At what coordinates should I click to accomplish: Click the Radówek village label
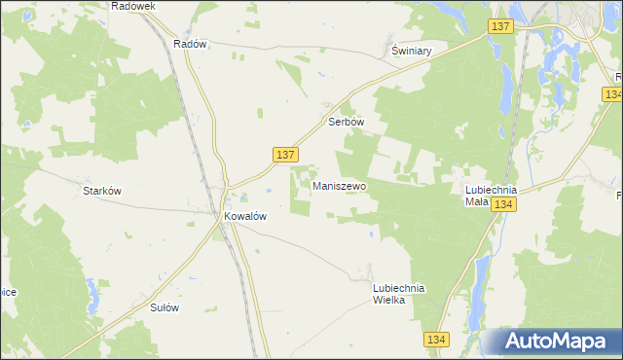tap(133, 6)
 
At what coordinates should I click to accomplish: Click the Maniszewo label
tap(340, 184)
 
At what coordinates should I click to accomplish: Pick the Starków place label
tap(101, 191)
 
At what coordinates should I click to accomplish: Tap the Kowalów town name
tap(245, 217)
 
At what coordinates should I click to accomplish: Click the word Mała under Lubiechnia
tap(476, 202)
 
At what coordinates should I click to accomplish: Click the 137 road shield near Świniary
tap(501, 27)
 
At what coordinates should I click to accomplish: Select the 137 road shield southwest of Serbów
tap(284, 155)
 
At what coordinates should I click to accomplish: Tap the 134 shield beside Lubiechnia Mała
tap(503, 203)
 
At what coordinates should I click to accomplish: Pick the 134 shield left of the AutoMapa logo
tap(436, 339)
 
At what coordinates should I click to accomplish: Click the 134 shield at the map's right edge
tap(612, 93)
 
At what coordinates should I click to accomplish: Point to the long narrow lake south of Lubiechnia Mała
tap(479, 282)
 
